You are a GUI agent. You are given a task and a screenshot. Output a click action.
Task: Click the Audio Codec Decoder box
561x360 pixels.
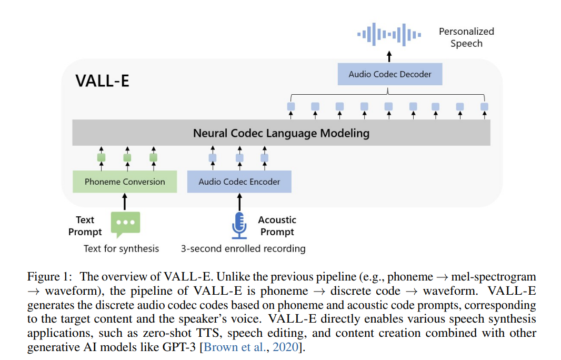[x=389, y=74]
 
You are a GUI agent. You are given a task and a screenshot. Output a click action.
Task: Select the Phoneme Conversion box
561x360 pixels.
[x=125, y=182]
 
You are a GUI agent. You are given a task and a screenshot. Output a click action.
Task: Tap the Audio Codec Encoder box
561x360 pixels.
[x=239, y=182]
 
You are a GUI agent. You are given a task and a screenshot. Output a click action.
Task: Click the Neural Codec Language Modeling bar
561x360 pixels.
[x=281, y=133]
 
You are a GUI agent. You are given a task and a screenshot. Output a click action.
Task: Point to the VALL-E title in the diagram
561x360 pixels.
[x=102, y=81]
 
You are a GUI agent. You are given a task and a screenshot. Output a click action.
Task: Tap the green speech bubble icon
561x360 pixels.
[x=125, y=224]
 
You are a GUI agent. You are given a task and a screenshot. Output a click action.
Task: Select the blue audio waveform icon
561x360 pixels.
[x=389, y=34]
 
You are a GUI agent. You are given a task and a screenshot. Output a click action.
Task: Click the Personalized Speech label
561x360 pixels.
[x=466, y=37]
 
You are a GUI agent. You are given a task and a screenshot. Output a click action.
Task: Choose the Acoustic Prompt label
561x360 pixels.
[x=277, y=226]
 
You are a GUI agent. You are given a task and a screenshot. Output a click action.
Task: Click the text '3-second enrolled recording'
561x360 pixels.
[x=243, y=248]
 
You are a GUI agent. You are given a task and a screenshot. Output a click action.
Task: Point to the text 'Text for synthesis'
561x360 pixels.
[x=121, y=248]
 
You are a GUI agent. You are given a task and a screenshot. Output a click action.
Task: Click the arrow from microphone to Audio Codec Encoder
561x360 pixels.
[x=239, y=202]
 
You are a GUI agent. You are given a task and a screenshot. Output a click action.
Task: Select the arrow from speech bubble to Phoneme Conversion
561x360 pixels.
[x=125, y=202]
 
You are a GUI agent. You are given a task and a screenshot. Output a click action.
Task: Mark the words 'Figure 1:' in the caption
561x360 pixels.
[x=49, y=277]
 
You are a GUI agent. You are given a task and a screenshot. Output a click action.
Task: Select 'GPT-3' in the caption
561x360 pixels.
[x=182, y=348]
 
